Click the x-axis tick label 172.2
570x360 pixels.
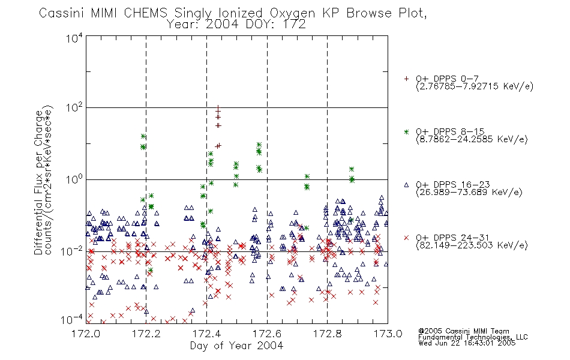146,334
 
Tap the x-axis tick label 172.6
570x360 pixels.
267,334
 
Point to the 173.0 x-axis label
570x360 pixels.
388,334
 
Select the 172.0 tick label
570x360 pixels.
86,334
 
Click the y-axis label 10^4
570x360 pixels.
74,38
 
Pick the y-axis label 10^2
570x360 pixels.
74,108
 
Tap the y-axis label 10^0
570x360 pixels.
74,179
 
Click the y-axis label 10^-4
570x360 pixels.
71,320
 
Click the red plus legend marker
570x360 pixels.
406,79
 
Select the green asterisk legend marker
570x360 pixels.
406,131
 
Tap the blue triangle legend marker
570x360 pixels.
406,185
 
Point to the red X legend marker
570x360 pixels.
406,238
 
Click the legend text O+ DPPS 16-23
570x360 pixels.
453,184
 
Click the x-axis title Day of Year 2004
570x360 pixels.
236,346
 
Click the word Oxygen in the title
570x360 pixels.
293,13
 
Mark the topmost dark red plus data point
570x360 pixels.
218,108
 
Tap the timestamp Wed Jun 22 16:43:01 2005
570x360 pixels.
467,343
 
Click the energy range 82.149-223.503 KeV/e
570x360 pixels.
472,245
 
